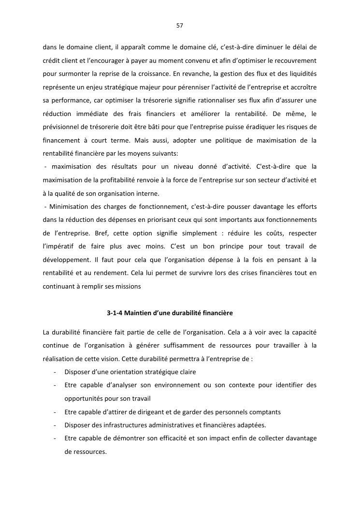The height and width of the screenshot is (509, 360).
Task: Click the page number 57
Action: coord(180,25)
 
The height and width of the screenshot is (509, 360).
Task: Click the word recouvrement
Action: coord(295,62)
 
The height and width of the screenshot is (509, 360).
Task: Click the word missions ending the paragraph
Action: coord(128,286)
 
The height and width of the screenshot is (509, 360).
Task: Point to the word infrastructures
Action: coord(128,425)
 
